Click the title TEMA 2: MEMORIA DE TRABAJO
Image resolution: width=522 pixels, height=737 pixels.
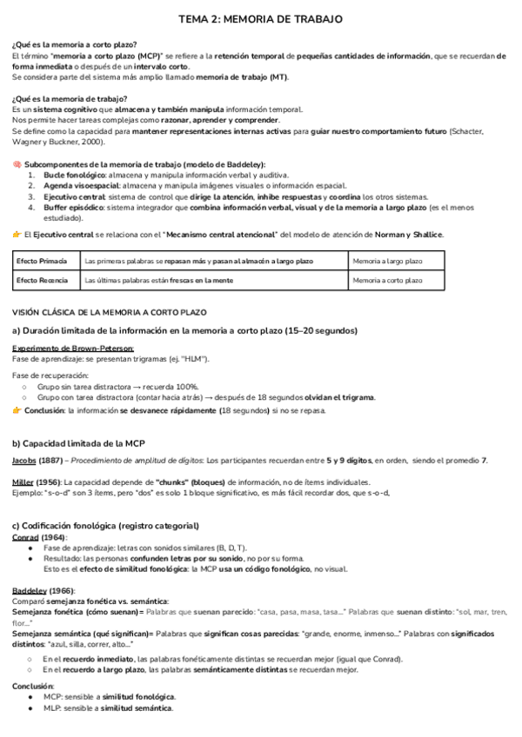tap(260, 18)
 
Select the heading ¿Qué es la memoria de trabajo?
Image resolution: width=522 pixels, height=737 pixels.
tap(70, 98)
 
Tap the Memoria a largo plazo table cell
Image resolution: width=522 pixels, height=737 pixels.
tap(388, 261)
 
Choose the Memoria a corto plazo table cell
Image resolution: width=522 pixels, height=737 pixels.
tap(388, 281)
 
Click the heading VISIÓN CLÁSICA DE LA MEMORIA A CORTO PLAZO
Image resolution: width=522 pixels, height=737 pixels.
tap(109, 312)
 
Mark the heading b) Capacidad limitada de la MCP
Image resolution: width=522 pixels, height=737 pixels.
tap(78, 443)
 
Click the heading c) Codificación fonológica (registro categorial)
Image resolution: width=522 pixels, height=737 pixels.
tap(105, 526)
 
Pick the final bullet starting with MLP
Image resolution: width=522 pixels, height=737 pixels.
tap(109, 708)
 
